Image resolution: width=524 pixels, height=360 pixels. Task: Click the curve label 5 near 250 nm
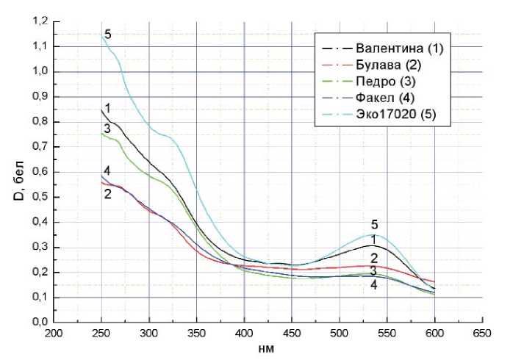click(108, 35)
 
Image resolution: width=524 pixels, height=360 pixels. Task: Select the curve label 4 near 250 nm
click(107, 170)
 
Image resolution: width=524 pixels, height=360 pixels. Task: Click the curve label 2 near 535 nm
click(374, 258)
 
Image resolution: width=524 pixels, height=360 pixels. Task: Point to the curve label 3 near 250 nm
click(107, 129)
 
